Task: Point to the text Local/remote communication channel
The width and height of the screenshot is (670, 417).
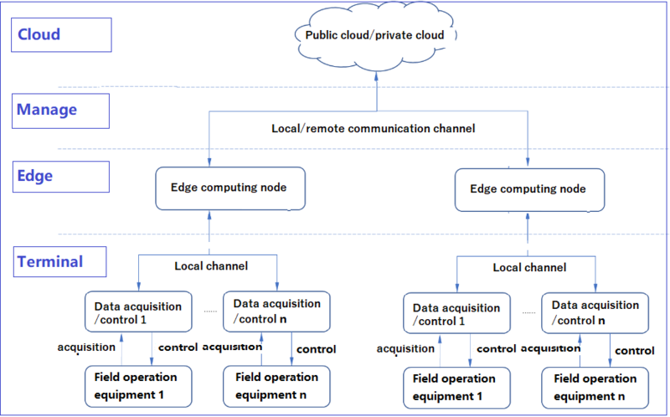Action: point(374,129)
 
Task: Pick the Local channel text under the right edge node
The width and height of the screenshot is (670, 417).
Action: point(528,267)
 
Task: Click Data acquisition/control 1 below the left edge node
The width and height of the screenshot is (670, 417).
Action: point(137,312)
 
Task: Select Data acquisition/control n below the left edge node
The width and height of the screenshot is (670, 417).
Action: point(276,311)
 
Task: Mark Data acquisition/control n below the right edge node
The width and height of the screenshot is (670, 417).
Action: point(595,312)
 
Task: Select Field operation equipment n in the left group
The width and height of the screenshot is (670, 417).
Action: point(277,384)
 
